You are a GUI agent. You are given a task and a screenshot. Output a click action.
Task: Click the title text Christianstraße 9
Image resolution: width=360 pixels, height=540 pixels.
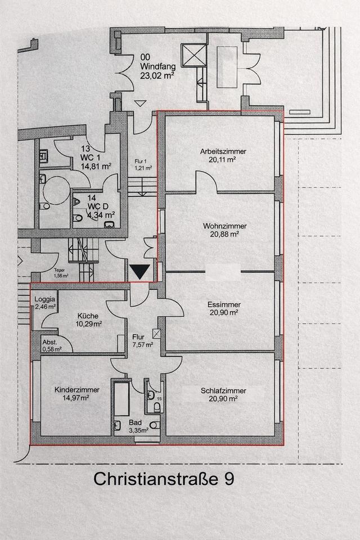(x=163, y=479)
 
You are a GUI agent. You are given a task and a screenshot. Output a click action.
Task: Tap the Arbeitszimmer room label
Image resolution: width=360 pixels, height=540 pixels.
(x=223, y=152)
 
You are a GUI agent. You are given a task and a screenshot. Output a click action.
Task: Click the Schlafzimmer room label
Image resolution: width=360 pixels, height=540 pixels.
(x=223, y=390)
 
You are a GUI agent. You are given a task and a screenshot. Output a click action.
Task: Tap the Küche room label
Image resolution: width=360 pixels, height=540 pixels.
(x=87, y=316)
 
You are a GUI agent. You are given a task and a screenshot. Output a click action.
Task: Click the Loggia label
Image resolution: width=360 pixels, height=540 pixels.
(x=44, y=299)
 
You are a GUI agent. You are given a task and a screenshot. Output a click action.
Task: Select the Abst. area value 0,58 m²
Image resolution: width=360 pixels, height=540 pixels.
(x=52, y=349)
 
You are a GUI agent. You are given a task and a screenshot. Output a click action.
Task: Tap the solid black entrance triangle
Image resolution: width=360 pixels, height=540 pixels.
(x=139, y=271)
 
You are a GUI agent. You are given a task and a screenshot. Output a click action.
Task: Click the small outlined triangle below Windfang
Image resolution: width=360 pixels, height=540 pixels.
(x=140, y=103)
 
